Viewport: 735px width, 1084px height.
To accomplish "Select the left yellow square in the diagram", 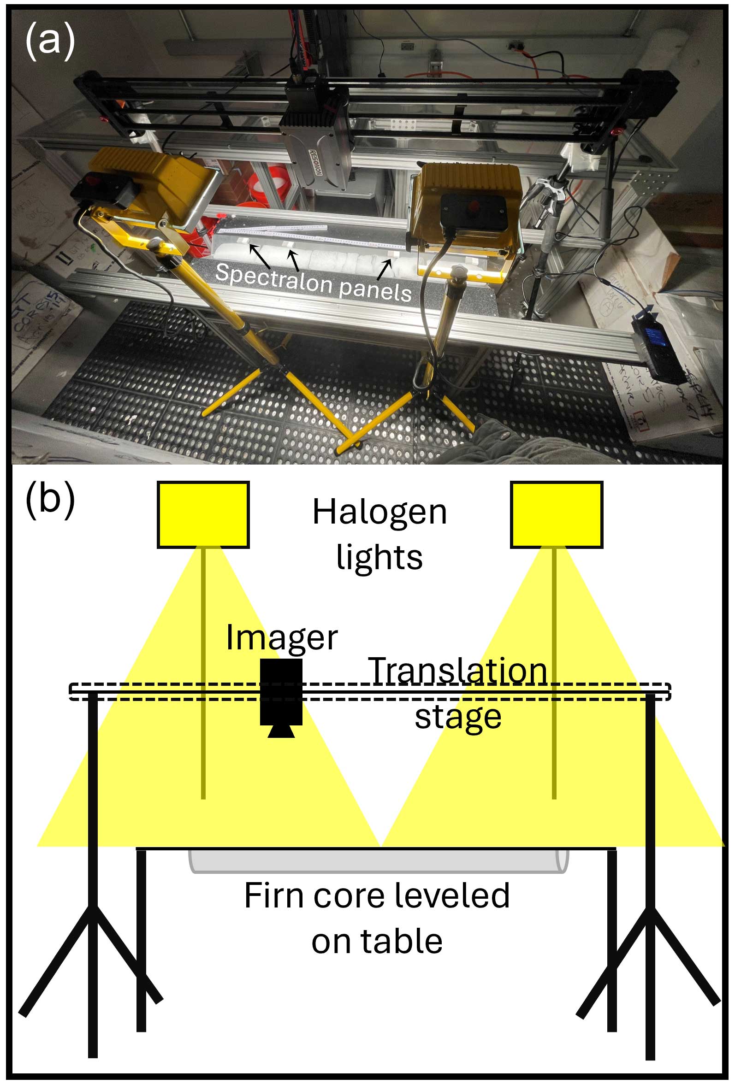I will pos(203,514).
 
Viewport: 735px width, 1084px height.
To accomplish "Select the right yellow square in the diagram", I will pos(556,514).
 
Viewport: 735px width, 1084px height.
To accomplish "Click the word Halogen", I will pos(379,513).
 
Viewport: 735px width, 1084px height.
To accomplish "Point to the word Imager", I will pos(281,637).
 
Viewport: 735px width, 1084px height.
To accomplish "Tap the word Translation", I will pos(457,671).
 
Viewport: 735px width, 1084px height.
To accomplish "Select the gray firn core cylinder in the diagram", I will pos(378,860).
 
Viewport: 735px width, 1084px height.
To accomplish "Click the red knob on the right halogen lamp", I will pos(474,205).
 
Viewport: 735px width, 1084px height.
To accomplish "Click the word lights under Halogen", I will pos(379,557).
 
